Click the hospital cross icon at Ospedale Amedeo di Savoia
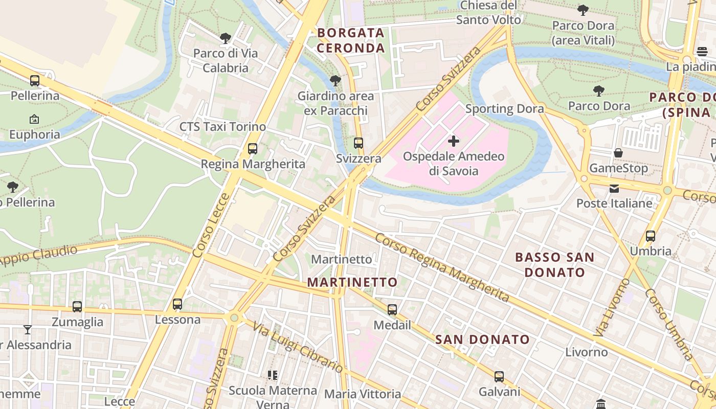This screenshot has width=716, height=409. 453,141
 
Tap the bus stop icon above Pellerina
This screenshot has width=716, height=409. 35,81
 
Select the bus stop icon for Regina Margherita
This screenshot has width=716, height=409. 253,149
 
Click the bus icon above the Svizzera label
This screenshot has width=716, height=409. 359,143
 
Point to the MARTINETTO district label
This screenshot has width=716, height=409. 352,282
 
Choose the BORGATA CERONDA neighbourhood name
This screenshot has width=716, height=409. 351,40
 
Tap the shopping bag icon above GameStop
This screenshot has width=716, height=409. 618,153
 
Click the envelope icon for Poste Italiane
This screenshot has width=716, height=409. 614,189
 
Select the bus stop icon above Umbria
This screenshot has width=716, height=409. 651,236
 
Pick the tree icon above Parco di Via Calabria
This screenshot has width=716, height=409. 225,38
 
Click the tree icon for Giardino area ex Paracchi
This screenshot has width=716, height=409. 335,81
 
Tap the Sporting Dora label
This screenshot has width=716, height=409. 504,108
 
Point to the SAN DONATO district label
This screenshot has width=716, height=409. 482,339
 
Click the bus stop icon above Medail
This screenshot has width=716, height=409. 392,310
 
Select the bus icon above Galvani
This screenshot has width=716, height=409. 499,377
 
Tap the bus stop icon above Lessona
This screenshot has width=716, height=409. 177,304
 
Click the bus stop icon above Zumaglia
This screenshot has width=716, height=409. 77,307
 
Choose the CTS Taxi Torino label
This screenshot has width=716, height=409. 222,127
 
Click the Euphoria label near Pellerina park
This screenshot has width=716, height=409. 35,135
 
